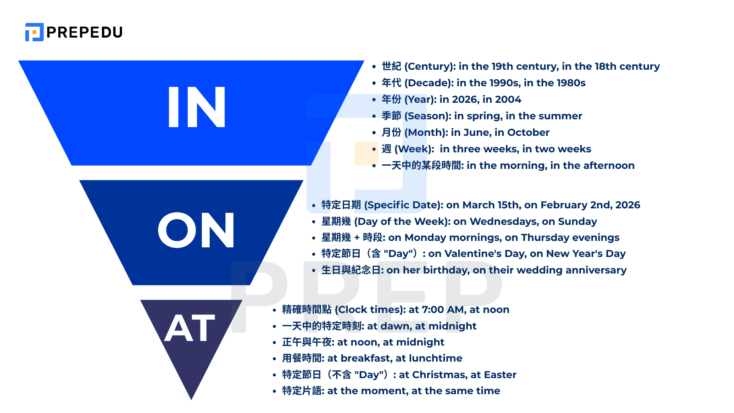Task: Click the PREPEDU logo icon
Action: (34, 32)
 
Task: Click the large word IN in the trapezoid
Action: (197, 107)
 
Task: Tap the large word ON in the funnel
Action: (196, 230)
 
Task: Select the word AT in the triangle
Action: (189, 329)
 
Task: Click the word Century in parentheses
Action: (429, 67)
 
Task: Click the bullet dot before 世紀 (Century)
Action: (374, 67)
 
